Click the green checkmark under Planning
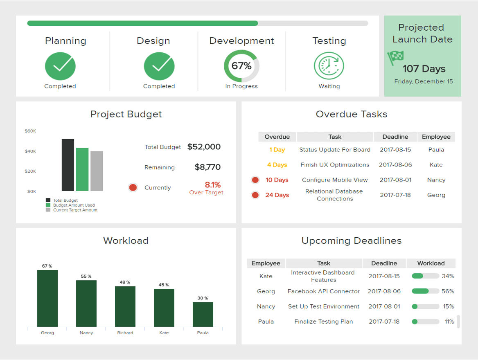tap(60, 66)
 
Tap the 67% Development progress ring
tap(241, 66)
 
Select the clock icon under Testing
tap(329, 66)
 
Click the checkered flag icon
tap(396, 58)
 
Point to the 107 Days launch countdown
tap(424, 69)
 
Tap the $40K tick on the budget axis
tap(30, 151)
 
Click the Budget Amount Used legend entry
tap(74, 205)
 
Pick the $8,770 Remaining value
tap(207, 167)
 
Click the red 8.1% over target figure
tap(212, 185)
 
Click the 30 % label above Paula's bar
tap(203, 298)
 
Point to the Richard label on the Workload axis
tap(125, 333)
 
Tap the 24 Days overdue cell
tap(277, 195)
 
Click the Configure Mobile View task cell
tap(335, 180)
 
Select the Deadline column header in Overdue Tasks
tap(395, 137)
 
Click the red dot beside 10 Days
tap(255, 180)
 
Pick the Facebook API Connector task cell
tap(324, 292)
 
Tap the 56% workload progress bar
tap(425, 291)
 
